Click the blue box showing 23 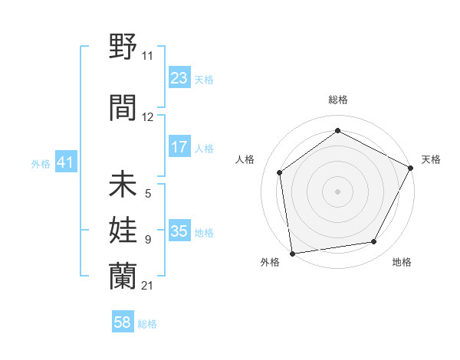179,78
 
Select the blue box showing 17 179,147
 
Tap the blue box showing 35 179,231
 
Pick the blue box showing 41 65,162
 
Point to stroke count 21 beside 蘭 147,285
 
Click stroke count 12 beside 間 148,116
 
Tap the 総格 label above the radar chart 337,100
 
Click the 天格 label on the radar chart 431,159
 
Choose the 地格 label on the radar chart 402,262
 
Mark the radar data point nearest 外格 292,252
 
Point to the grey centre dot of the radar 337,191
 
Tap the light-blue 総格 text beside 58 147,324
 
